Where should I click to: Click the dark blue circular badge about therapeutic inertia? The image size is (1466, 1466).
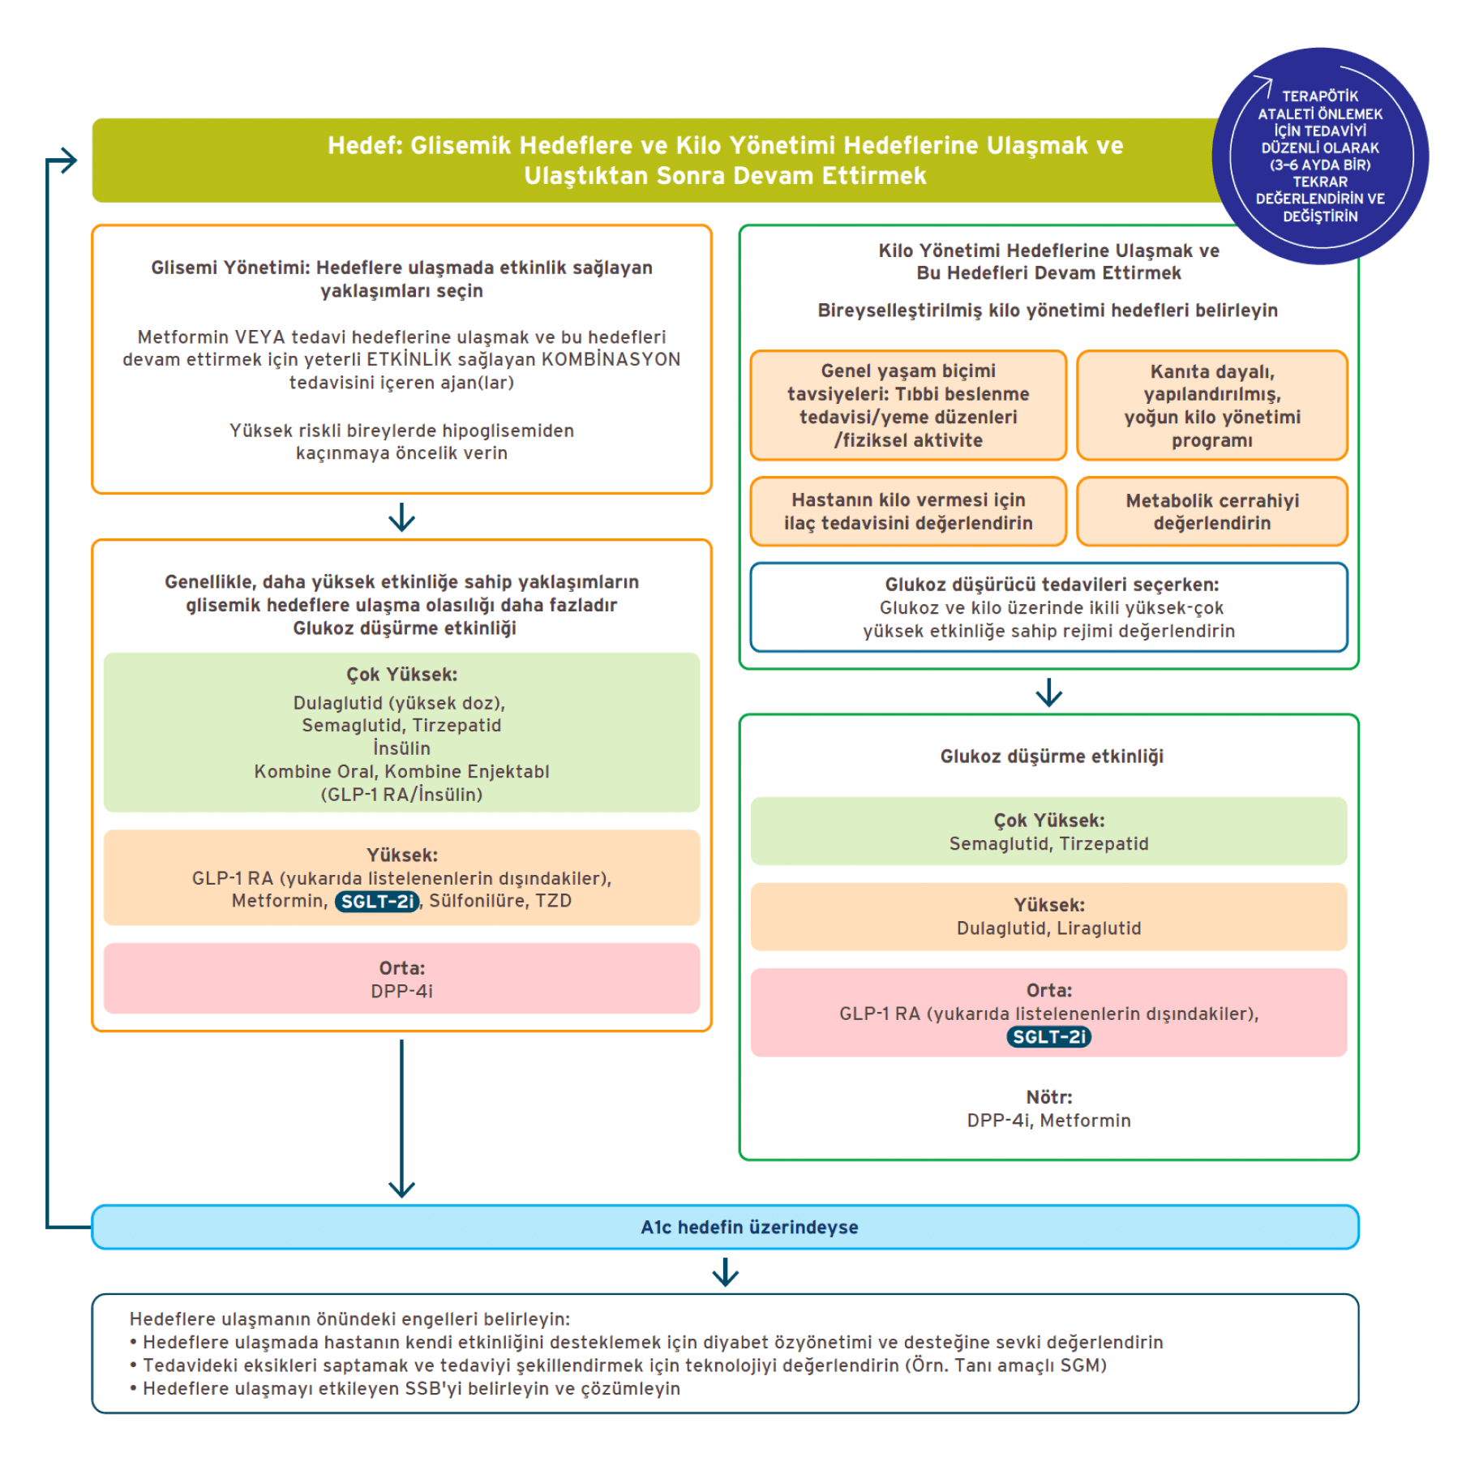point(1319,156)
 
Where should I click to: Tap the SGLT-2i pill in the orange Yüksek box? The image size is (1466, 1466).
point(377,902)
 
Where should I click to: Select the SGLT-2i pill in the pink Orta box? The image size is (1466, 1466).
point(1048,1037)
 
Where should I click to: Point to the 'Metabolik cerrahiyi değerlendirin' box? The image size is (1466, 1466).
point(1211,512)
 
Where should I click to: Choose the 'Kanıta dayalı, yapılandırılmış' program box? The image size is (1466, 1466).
point(1211,405)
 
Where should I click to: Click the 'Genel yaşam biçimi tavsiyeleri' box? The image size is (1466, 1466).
point(907,405)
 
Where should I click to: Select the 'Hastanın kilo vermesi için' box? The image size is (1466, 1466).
point(907,512)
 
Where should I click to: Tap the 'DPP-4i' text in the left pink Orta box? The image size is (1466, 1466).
point(401,992)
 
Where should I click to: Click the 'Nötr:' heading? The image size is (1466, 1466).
point(1048,1097)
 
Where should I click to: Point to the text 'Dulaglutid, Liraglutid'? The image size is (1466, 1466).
point(1048,928)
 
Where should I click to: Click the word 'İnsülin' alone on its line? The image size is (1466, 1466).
point(401,748)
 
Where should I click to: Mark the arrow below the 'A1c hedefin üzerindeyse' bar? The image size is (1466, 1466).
point(725,1271)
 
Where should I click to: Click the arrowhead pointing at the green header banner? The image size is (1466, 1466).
point(69,161)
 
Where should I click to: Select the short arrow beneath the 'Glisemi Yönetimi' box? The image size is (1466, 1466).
point(401,517)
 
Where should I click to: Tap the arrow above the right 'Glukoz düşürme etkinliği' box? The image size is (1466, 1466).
point(1048,692)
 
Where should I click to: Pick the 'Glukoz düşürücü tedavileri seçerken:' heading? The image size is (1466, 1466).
point(1052,585)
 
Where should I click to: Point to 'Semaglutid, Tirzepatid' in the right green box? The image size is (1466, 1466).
point(1048,844)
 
